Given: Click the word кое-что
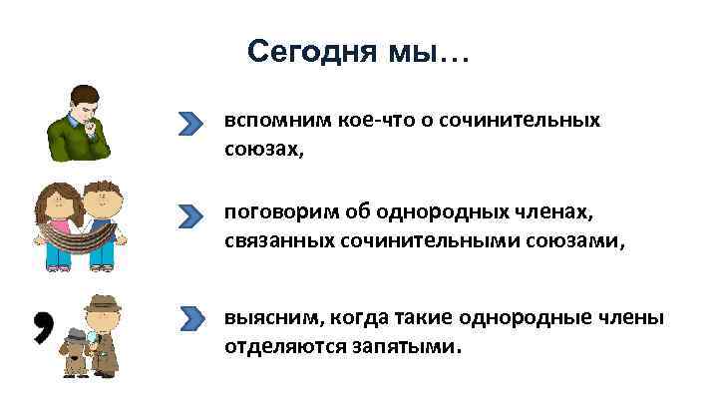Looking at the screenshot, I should point(358,121).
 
